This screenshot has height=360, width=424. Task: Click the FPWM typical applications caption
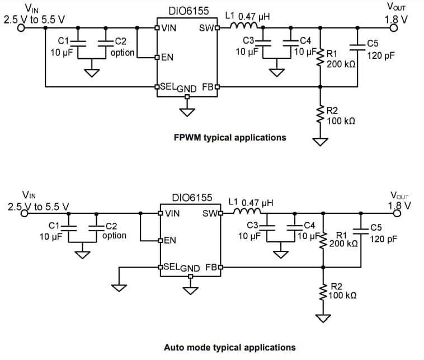click(x=230, y=137)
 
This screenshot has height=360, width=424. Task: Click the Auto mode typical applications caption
click(x=229, y=348)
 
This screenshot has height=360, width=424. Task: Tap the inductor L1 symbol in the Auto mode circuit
click(x=247, y=212)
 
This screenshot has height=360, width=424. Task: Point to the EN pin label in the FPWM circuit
click(x=167, y=57)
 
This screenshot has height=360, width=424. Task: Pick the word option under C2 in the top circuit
click(x=123, y=52)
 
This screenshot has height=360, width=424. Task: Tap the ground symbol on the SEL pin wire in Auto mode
click(x=119, y=287)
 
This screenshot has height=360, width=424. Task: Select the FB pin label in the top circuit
click(x=206, y=87)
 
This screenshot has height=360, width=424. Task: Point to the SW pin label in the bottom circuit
click(x=209, y=213)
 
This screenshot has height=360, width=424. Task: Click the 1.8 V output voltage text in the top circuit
click(x=396, y=19)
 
